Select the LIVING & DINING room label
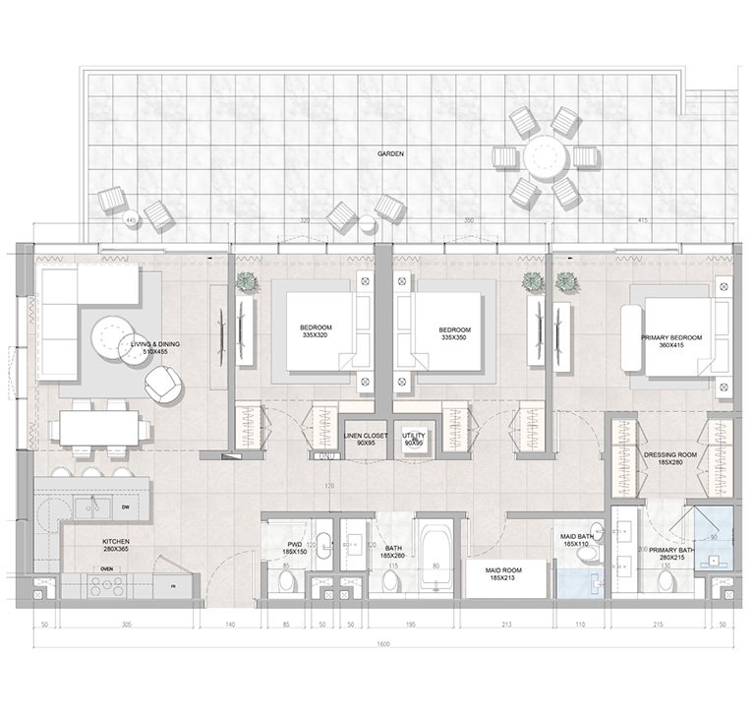click(149, 346)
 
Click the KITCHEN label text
click(116, 545)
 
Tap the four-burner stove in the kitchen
click(106, 583)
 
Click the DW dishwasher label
click(126, 507)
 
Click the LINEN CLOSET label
click(365, 438)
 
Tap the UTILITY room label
click(414, 438)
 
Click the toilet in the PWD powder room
click(286, 581)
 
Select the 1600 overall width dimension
click(382, 644)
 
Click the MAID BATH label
click(576, 539)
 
